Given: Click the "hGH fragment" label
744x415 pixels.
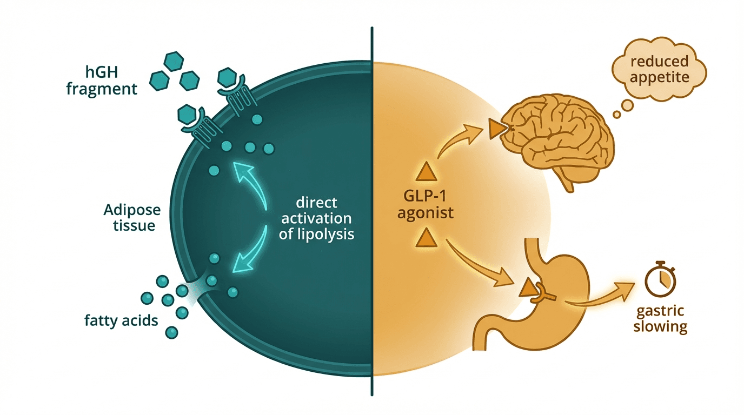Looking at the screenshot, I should [x=102, y=79].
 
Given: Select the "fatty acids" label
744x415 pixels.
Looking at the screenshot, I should [x=121, y=320].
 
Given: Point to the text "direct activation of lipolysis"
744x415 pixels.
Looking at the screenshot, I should [x=317, y=219].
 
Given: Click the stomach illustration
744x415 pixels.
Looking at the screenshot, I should [x=546, y=292].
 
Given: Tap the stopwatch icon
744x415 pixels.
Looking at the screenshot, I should [x=660, y=278].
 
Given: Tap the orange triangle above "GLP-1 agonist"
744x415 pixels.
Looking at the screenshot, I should [x=424, y=172].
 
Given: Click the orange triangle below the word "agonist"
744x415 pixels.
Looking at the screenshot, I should [x=424, y=238].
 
